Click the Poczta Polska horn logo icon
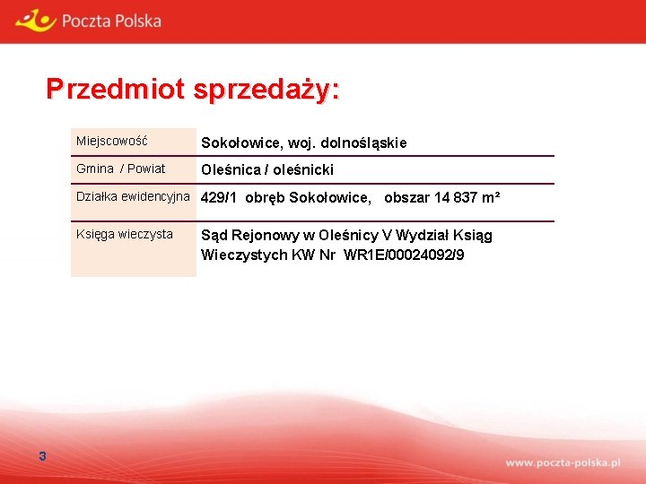pyautogui.click(x=35, y=19)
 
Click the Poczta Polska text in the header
pyautogui.click(x=111, y=20)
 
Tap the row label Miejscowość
pyautogui.click(x=112, y=142)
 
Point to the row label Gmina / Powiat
pyautogui.click(x=121, y=169)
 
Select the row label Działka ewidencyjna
pyautogui.click(x=133, y=196)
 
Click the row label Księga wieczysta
pyautogui.click(x=125, y=234)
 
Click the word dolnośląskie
pyautogui.click(x=362, y=143)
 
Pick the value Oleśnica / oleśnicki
pyautogui.click(x=267, y=169)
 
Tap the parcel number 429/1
pyautogui.click(x=220, y=197)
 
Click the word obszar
pyautogui.click(x=406, y=197)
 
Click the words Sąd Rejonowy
pyautogui.click(x=244, y=235)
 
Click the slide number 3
pyautogui.click(x=42, y=457)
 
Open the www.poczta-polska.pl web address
pyautogui.click(x=563, y=462)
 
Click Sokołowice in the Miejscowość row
pyautogui.click(x=237, y=143)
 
